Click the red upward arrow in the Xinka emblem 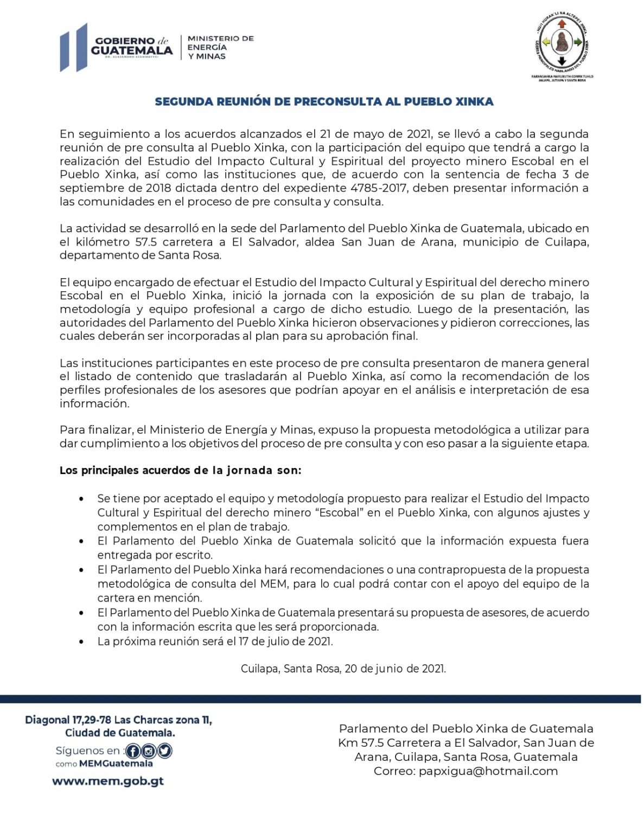tap(562, 24)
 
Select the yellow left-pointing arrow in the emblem tap(546, 42)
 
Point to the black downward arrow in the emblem tap(562, 60)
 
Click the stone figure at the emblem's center tap(562, 42)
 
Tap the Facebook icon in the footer tap(133, 751)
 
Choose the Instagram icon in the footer tap(149, 751)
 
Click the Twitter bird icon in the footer tap(164, 751)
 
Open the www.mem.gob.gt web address tap(108, 781)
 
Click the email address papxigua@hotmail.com tap(488, 771)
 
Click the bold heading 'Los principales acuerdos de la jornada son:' tap(180, 471)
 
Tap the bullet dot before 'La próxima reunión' tap(81, 642)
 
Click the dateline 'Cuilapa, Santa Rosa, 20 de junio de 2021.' tap(343, 669)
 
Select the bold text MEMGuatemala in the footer tap(116, 764)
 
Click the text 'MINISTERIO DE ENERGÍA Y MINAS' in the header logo tap(220, 47)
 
